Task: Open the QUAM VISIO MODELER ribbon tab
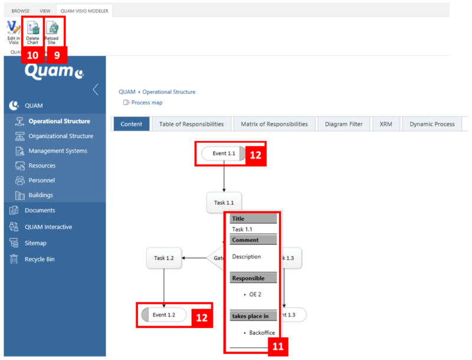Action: tap(84, 11)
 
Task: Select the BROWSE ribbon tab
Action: tap(21, 11)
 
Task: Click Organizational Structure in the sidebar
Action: tap(61, 136)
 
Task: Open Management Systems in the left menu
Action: tap(57, 151)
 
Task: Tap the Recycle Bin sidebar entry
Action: tap(40, 259)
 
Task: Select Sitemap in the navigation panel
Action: tap(35, 243)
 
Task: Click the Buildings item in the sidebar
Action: tap(41, 195)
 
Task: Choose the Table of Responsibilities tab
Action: tap(191, 124)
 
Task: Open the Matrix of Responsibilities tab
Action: tap(274, 124)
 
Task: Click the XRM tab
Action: tap(386, 124)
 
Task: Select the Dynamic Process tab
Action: tap(432, 124)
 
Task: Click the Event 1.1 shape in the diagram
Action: tap(224, 153)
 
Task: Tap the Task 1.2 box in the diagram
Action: tap(163, 258)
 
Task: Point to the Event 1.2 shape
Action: tap(163, 315)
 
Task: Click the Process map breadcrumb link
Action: tap(146, 103)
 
